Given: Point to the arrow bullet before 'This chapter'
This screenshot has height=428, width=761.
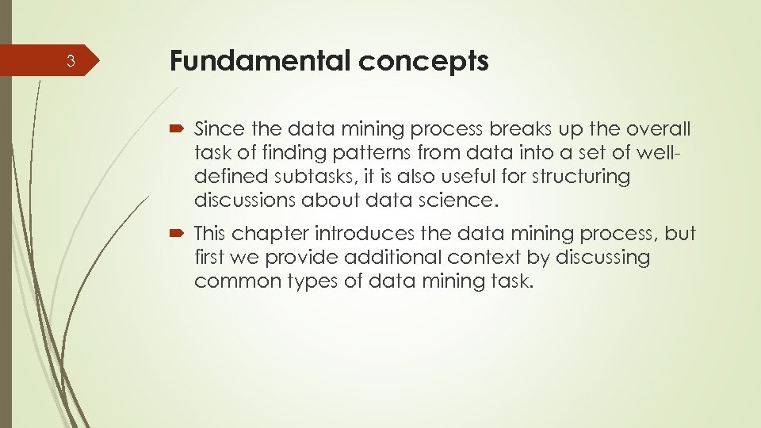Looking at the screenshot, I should (x=178, y=234).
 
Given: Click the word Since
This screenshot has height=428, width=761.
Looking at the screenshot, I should (x=216, y=128).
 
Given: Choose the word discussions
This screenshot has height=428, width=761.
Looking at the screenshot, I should (x=244, y=200).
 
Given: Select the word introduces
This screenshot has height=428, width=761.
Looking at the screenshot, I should (x=368, y=233).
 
